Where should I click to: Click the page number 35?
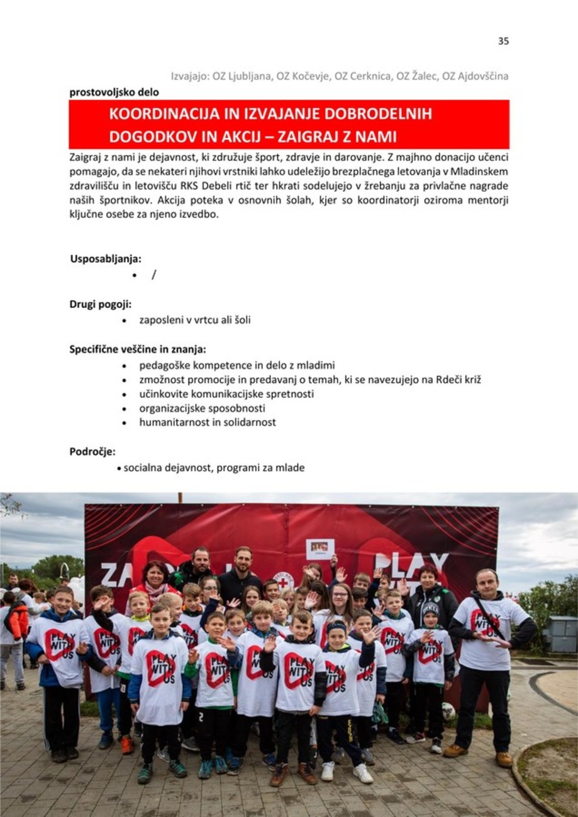[x=503, y=41]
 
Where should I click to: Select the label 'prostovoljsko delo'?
[x=114, y=92]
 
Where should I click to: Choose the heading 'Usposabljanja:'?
[x=106, y=258]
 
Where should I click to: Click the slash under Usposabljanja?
[x=153, y=275]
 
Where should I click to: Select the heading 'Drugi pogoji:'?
[x=101, y=304]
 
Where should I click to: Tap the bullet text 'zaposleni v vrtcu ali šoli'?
[x=195, y=320]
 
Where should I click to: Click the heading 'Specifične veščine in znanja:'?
[x=138, y=349]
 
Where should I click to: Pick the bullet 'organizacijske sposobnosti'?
[x=202, y=408]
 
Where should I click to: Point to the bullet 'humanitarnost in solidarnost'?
[x=208, y=422]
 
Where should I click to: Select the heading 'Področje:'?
[x=92, y=451]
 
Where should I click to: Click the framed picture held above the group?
[x=320, y=548]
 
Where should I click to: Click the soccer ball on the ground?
[x=448, y=711]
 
